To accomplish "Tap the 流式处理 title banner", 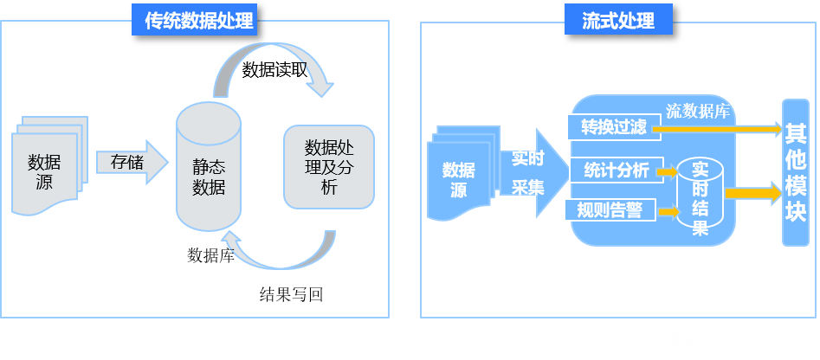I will [x=618, y=19].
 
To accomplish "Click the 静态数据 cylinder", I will [x=209, y=167].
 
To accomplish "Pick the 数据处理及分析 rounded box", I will [x=329, y=166].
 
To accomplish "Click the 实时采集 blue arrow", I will [x=530, y=172].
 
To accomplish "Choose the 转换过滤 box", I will [x=613, y=127].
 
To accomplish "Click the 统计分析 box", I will [x=616, y=170].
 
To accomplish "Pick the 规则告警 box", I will [x=610, y=209].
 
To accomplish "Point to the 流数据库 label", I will [x=698, y=111].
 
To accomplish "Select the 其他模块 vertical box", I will [x=795, y=172].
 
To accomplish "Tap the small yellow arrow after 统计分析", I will [x=668, y=172].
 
